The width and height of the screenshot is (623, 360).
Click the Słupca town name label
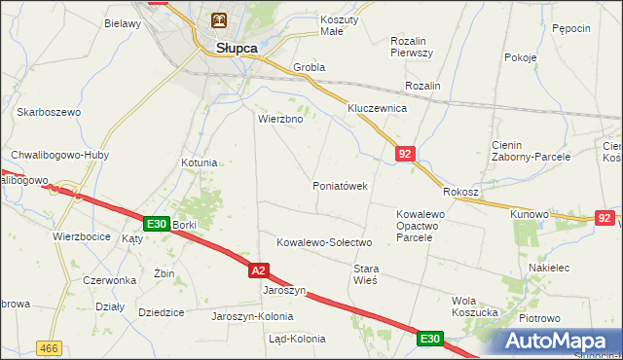pyautogui.click(x=228, y=47)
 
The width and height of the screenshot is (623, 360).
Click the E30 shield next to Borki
pyautogui.click(x=155, y=224)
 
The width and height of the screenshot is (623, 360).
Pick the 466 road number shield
pyautogui.click(x=48, y=347)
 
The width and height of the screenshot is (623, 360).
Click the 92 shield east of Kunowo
pyautogui.click(x=605, y=217)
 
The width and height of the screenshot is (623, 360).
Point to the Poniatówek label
pyautogui.click(x=339, y=186)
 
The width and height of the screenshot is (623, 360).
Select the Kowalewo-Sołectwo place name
pyautogui.click(x=325, y=241)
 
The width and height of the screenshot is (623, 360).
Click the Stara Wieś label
pyautogui.click(x=365, y=273)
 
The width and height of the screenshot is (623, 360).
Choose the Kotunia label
pyautogui.click(x=199, y=162)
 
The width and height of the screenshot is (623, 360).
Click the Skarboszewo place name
pyautogui.click(x=48, y=112)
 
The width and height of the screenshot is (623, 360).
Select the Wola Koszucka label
pyautogui.click(x=477, y=306)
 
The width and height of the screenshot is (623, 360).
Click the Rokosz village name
pyautogui.click(x=460, y=192)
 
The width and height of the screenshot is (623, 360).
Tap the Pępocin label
pyautogui.click(x=570, y=29)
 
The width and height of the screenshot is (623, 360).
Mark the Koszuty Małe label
pyautogui.click(x=339, y=25)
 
